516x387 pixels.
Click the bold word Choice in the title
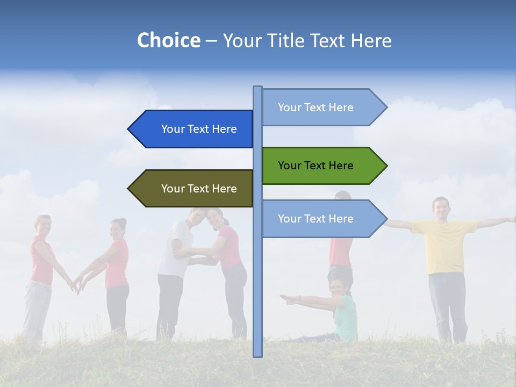[x=168, y=40]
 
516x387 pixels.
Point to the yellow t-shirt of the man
[x=444, y=245]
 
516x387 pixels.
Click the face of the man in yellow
[x=441, y=207]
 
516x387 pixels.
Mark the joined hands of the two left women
[x=76, y=285]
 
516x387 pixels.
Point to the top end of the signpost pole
[x=258, y=89]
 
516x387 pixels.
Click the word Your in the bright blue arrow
[x=173, y=129]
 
